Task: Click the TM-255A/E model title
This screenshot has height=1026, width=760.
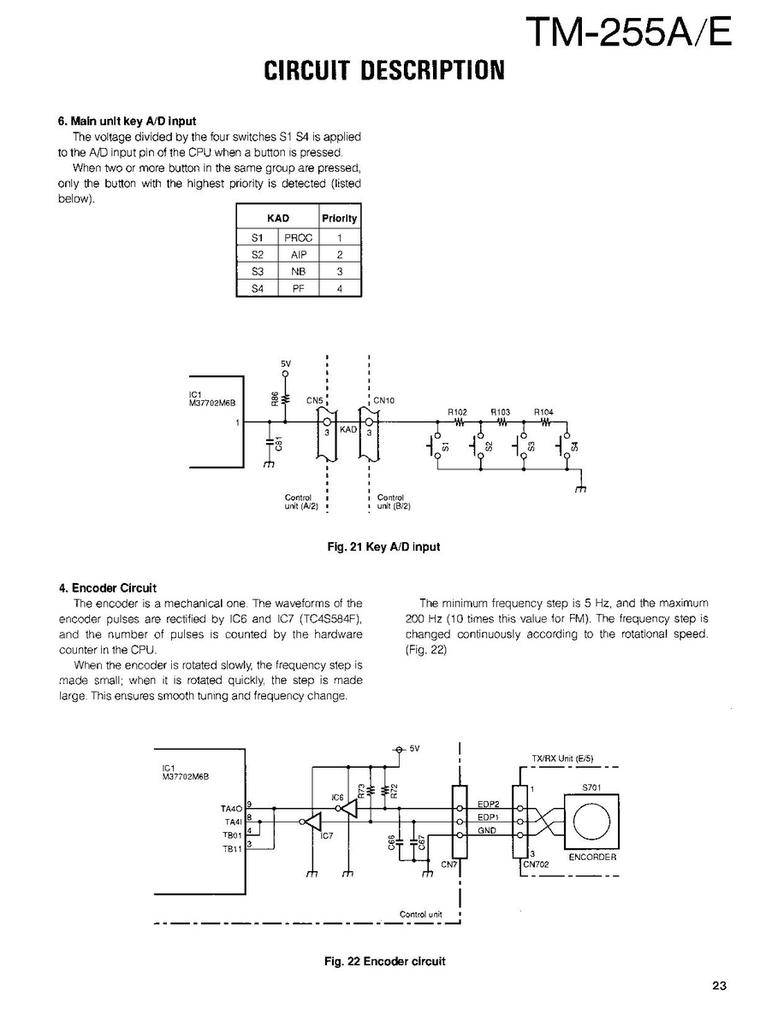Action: point(628,32)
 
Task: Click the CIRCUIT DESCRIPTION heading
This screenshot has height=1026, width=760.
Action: point(383,70)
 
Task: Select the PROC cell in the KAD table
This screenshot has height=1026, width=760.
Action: point(298,238)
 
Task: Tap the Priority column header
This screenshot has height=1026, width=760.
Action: point(339,218)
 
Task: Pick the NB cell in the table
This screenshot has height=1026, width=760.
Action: point(298,272)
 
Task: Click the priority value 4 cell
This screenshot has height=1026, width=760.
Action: point(339,289)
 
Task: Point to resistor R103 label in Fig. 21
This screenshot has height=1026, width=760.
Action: point(501,412)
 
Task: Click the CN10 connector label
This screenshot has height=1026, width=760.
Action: point(383,400)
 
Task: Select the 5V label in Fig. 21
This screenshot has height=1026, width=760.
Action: point(285,363)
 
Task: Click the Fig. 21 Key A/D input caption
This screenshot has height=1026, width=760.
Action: point(383,546)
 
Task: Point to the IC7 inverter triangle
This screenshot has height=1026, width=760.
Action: point(312,823)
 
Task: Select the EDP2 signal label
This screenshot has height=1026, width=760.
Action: point(488,804)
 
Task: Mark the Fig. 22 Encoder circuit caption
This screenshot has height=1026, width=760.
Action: point(384,961)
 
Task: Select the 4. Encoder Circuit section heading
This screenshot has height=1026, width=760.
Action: point(108,588)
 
